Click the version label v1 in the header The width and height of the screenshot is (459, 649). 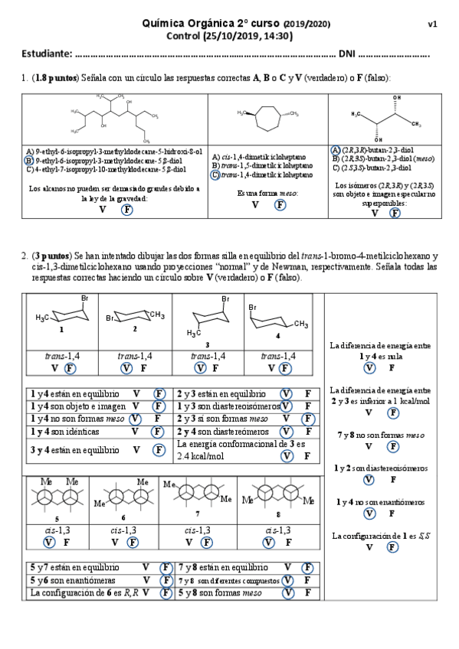[432, 24]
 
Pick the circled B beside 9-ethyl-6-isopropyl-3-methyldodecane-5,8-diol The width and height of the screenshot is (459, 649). [28, 161]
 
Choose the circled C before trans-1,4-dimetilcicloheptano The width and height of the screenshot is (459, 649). [215, 174]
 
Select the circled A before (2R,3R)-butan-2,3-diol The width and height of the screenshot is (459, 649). [336, 150]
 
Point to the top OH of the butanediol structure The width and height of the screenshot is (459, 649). [396, 98]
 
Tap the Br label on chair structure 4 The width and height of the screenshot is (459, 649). [252, 307]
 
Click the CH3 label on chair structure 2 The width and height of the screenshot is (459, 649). [156, 315]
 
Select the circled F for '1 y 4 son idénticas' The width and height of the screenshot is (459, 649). [159, 432]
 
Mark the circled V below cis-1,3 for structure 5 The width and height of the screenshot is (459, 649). [49, 542]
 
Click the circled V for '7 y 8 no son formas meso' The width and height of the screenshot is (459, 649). [369, 446]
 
